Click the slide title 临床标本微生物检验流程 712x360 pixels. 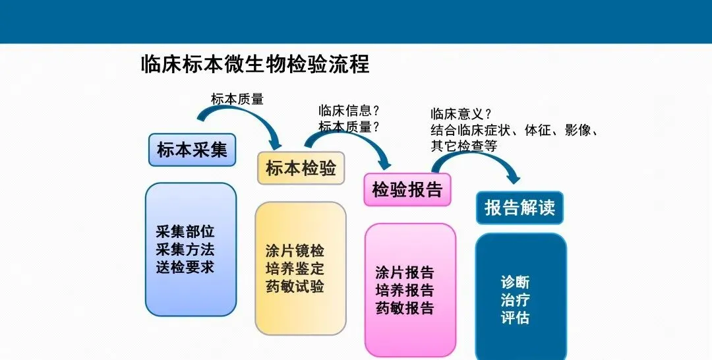(255, 65)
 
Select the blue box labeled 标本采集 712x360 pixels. (192, 150)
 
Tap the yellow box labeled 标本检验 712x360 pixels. (301, 168)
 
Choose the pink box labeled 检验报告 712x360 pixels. (407, 190)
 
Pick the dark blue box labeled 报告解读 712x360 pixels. (519, 208)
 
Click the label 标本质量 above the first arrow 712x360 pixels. (237, 100)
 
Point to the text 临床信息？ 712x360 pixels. (349, 111)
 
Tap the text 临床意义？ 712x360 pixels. (461, 114)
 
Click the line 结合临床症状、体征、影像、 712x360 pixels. (514, 130)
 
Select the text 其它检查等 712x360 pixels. (463, 146)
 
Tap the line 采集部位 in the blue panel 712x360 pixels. (185, 232)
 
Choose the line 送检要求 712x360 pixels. (185, 268)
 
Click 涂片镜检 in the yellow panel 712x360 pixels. (295, 252)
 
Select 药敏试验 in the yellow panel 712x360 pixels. (295, 287)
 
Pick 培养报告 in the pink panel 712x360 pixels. (405, 290)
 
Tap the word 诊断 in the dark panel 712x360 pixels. (515, 282)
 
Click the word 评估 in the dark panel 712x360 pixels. (515, 318)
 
